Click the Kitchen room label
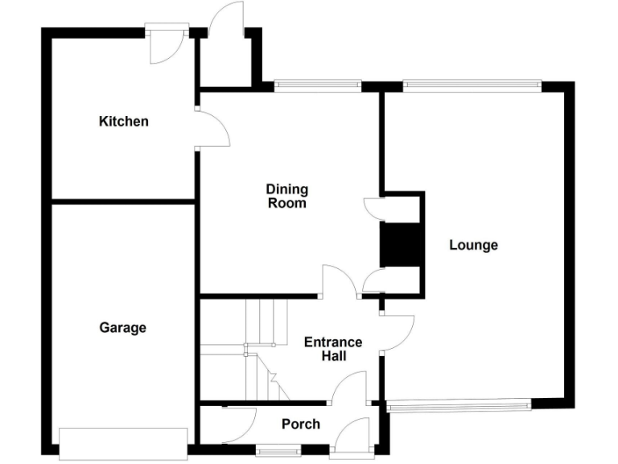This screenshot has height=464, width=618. pyautogui.click(x=123, y=122)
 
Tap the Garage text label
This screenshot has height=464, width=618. pyautogui.click(x=123, y=328)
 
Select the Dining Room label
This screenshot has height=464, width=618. pyautogui.click(x=287, y=197)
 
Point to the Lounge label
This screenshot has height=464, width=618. pyautogui.click(x=473, y=245)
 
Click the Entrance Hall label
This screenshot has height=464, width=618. pyautogui.click(x=332, y=348)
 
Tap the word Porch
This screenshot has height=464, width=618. pyautogui.click(x=301, y=424)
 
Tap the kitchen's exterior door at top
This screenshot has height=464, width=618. pyautogui.click(x=167, y=47)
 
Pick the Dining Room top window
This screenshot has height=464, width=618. pyautogui.click(x=317, y=84)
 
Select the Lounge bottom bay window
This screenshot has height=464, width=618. pyautogui.click(x=458, y=406)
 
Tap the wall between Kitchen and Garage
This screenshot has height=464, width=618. pyautogui.click(x=123, y=201)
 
